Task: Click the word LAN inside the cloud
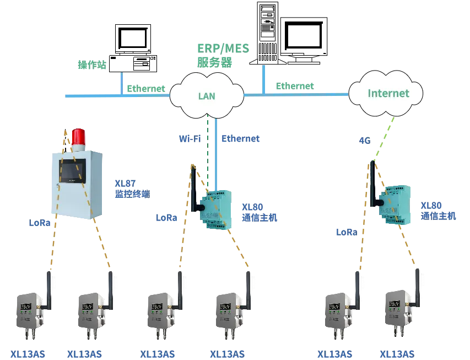coord(207,96)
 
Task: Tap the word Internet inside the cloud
coord(388,93)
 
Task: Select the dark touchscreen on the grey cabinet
coord(73,170)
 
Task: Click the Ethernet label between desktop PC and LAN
coord(145,88)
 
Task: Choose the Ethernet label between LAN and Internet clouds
coord(295,86)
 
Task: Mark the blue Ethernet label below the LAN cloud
coord(240,139)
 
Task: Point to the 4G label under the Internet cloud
coord(364,141)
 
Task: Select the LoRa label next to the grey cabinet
coord(39,224)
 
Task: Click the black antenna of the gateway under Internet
coord(372,185)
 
